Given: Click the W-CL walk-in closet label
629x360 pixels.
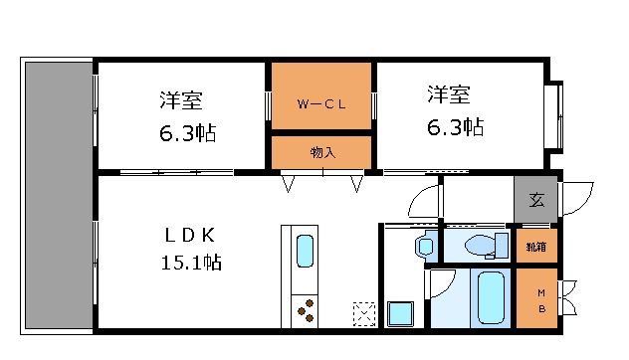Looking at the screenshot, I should pos(319,101).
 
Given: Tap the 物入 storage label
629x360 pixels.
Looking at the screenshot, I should pos(321,152).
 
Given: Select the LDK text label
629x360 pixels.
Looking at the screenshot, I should pos(189,235).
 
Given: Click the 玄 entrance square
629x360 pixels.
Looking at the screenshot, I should pos(536,201).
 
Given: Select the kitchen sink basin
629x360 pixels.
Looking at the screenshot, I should pos(306,253).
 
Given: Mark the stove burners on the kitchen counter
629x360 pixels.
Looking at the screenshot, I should pos(306,309).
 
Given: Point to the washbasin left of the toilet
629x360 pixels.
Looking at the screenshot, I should pos(426,245).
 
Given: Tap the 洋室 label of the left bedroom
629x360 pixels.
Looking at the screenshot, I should pos(182,100).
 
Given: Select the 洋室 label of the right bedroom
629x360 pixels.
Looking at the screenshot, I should pos(449,96).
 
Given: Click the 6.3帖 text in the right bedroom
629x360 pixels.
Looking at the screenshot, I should pos(456,127).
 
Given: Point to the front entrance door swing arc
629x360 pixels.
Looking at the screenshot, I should pos(579,197).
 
